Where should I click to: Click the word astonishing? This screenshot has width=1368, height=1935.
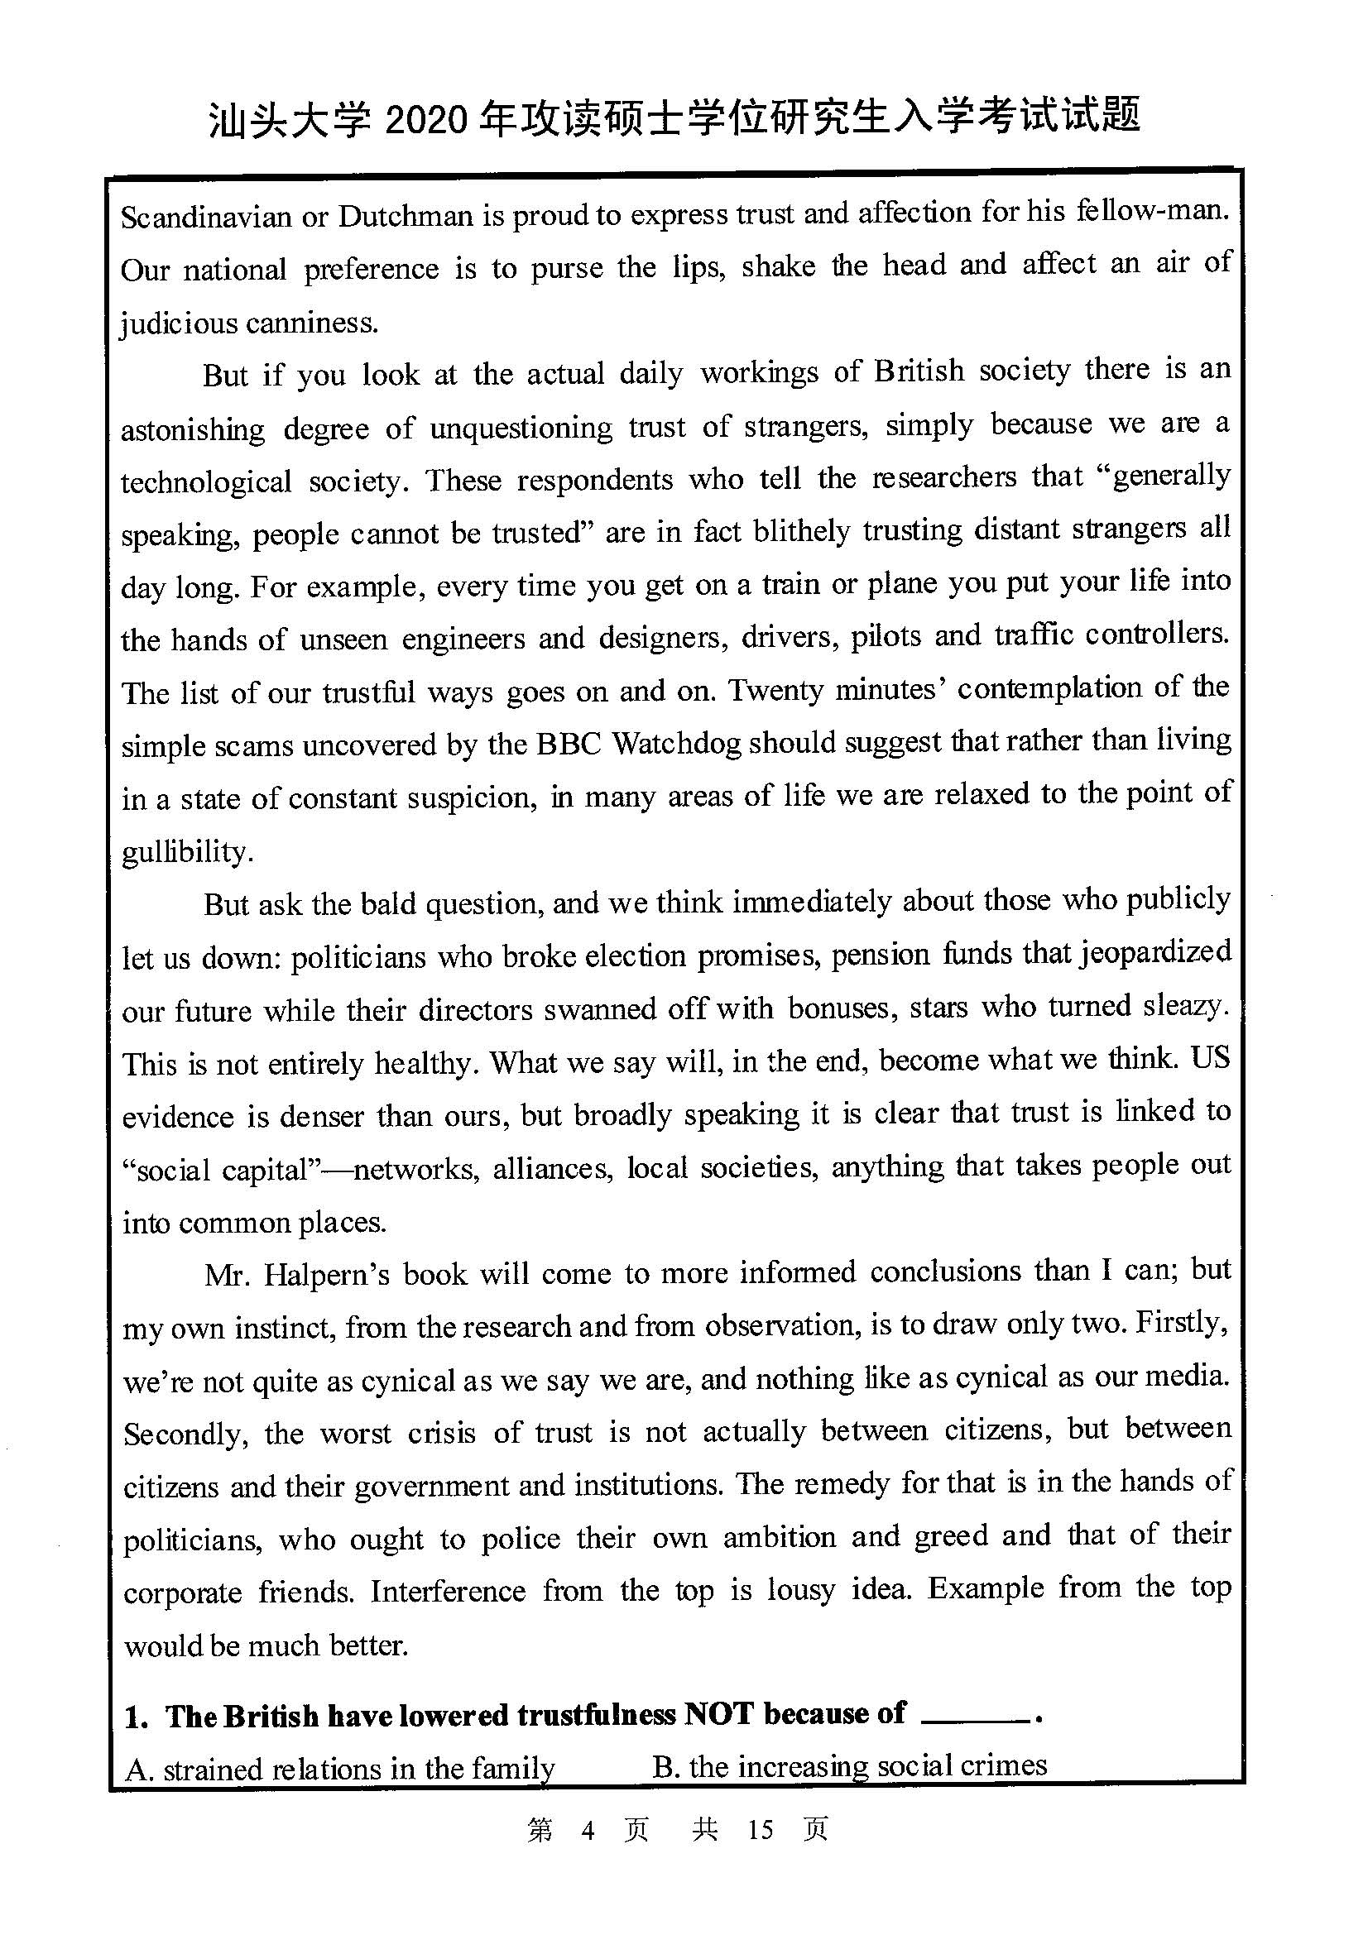pyautogui.click(x=192, y=430)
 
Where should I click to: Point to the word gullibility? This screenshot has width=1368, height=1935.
pyautogui.click(x=186, y=852)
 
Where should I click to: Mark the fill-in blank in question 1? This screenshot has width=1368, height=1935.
pyautogui.click(x=976, y=1719)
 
